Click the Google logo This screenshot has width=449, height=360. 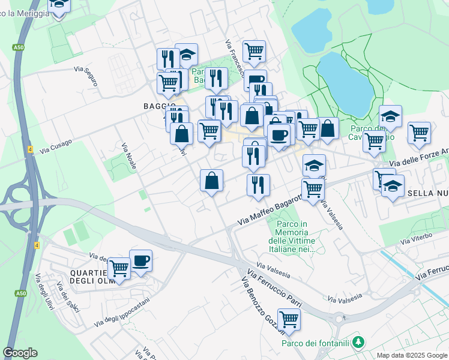tap(20, 353)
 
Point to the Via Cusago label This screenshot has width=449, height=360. tap(55, 146)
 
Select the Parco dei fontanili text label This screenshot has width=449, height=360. tap(316, 343)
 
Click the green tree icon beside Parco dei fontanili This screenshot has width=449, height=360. tap(358, 342)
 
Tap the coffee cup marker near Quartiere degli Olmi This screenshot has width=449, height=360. tap(140, 262)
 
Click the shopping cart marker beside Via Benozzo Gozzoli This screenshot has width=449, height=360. tap(289, 320)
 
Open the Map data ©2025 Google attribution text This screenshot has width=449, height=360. tap(411, 355)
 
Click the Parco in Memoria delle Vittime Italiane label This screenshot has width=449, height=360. tap(293, 236)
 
